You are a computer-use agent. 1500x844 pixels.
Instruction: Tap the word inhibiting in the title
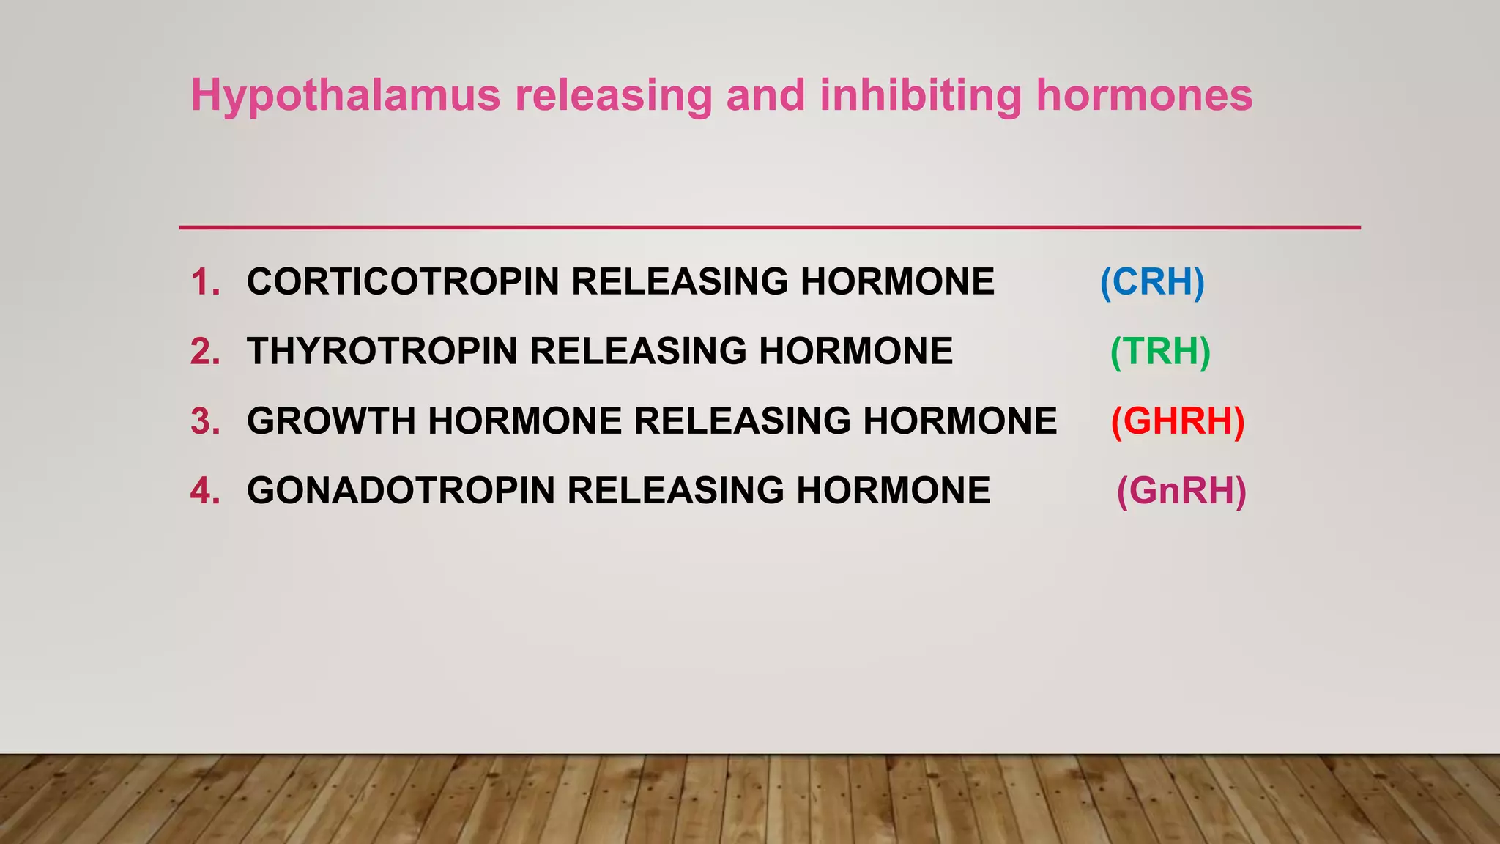[919, 95]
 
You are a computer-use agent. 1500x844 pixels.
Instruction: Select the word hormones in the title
[1144, 95]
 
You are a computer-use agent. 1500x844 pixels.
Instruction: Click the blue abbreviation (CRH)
[1152, 282]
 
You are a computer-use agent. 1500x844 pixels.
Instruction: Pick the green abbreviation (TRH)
[1160, 352]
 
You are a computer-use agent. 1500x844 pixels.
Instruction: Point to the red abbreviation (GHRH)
[1178, 421]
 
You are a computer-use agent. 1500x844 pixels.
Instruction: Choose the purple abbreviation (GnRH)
[1181, 491]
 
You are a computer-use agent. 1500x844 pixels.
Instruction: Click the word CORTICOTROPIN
[403, 282]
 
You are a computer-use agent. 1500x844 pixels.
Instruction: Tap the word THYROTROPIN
[382, 352]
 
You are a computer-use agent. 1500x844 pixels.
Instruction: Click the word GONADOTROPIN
[401, 491]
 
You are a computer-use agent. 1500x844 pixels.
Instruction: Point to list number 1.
[205, 282]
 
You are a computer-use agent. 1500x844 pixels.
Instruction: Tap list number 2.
[205, 352]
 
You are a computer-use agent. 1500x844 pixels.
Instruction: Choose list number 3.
[205, 421]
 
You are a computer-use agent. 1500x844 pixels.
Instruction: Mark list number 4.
[205, 491]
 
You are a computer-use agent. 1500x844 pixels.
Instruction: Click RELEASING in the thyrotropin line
[638, 352]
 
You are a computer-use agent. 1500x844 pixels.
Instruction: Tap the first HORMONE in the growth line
[525, 421]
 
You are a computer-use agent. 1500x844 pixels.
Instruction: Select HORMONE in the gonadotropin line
[893, 491]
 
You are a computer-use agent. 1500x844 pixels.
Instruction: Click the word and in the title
[765, 95]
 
